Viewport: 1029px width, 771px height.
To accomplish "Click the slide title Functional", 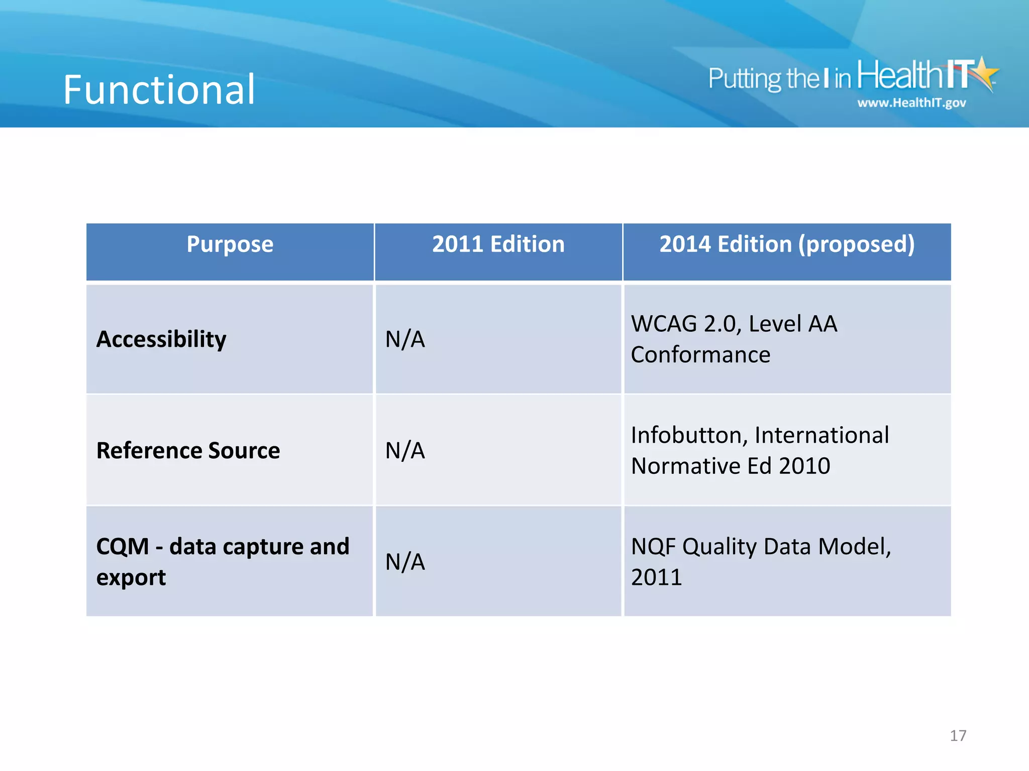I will pyautogui.click(x=159, y=90).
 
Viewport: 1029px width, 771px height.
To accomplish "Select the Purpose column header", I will pyautogui.click(x=230, y=244).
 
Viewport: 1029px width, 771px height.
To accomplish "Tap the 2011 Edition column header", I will pyautogui.click(x=498, y=244).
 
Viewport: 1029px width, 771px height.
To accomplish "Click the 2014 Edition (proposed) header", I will pyautogui.click(x=787, y=244).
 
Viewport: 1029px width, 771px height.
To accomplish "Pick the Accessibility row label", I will pyautogui.click(x=161, y=339).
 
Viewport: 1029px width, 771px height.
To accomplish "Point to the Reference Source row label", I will pyautogui.click(x=188, y=451).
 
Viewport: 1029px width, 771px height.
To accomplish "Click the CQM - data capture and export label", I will pyautogui.click(x=222, y=561).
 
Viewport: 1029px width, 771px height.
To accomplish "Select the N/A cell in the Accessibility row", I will pyautogui.click(x=405, y=339).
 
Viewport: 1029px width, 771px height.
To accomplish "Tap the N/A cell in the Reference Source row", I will pyautogui.click(x=405, y=451).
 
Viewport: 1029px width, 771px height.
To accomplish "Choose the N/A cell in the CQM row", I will pyautogui.click(x=405, y=562).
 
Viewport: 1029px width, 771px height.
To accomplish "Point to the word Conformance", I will pyautogui.click(x=700, y=355).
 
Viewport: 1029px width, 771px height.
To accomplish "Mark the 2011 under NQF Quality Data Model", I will pyautogui.click(x=656, y=578).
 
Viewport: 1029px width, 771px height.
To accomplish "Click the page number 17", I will pyautogui.click(x=958, y=736).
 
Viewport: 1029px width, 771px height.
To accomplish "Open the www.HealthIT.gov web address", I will pyautogui.click(x=911, y=103).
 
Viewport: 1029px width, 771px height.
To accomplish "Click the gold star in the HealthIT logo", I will pyautogui.click(x=985, y=73).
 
